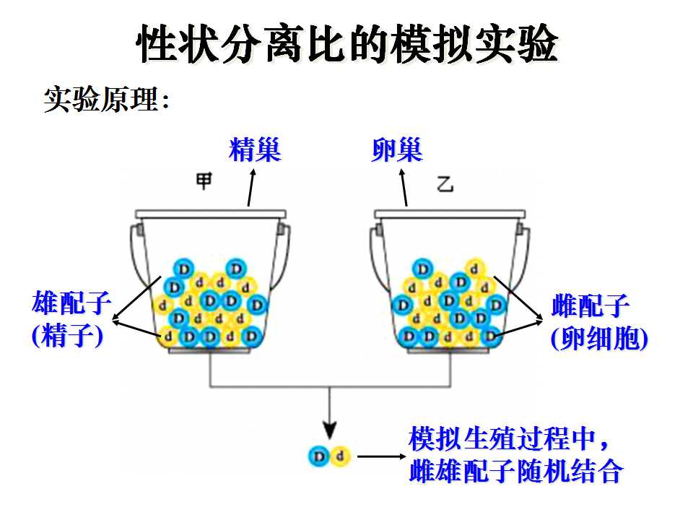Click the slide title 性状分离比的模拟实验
[x=347, y=43]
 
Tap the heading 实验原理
[x=101, y=99]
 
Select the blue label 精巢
[x=255, y=149]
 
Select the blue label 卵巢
[x=397, y=149]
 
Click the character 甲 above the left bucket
[x=204, y=181]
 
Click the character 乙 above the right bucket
[x=445, y=183]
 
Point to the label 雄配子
[x=71, y=303]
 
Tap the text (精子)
[x=68, y=336]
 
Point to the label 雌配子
[x=590, y=305]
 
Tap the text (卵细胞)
[x=599, y=339]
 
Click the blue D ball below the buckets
[x=319, y=456]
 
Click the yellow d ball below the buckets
[x=340, y=456]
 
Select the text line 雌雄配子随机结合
[x=516, y=470]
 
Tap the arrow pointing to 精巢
[x=251, y=188]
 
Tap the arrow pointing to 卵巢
[x=404, y=188]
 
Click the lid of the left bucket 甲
[x=210, y=214]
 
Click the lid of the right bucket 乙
[x=450, y=214]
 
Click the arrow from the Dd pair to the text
[x=382, y=456]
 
